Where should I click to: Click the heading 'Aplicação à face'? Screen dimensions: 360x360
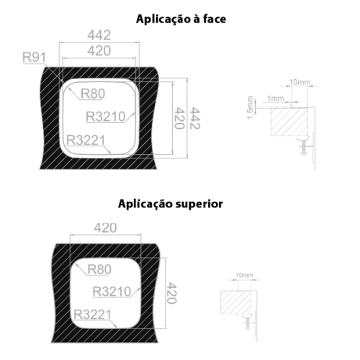click(181, 19)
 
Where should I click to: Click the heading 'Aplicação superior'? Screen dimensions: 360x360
click(171, 204)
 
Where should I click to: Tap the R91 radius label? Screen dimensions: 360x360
click(34, 58)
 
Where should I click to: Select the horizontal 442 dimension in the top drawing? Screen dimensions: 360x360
click(99, 35)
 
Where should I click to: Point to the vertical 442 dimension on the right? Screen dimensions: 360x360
click(195, 118)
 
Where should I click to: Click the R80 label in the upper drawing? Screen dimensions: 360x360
click(93, 94)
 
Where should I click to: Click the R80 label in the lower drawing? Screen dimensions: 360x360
click(99, 269)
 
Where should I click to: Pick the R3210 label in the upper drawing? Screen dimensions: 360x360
click(106, 117)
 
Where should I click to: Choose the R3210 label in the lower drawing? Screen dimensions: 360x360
click(112, 292)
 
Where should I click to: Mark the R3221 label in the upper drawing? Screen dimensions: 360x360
click(86, 140)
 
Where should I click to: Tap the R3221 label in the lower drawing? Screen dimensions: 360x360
click(93, 315)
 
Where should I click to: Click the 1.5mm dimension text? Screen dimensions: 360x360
click(250, 107)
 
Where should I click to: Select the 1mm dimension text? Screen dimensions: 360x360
click(276, 98)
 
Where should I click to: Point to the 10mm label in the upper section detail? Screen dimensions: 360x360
click(300, 82)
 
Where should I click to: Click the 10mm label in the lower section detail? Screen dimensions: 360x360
click(244, 275)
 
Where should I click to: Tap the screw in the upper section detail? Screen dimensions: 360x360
click(304, 148)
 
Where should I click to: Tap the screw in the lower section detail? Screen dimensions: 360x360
click(248, 323)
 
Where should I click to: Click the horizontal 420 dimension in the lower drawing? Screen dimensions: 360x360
click(105, 228)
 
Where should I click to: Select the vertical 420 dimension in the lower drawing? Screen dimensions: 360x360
click(171, 293)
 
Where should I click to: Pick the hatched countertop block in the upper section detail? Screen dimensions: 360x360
click(289, 122)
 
